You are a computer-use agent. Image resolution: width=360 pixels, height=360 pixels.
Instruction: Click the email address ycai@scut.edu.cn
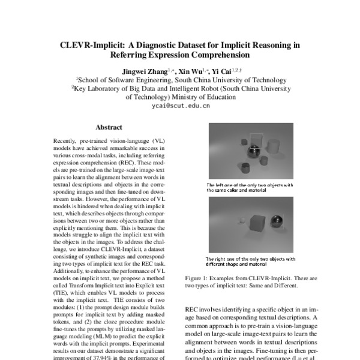point(179,105)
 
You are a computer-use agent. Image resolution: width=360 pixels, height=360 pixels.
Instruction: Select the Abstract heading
point(109,127)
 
